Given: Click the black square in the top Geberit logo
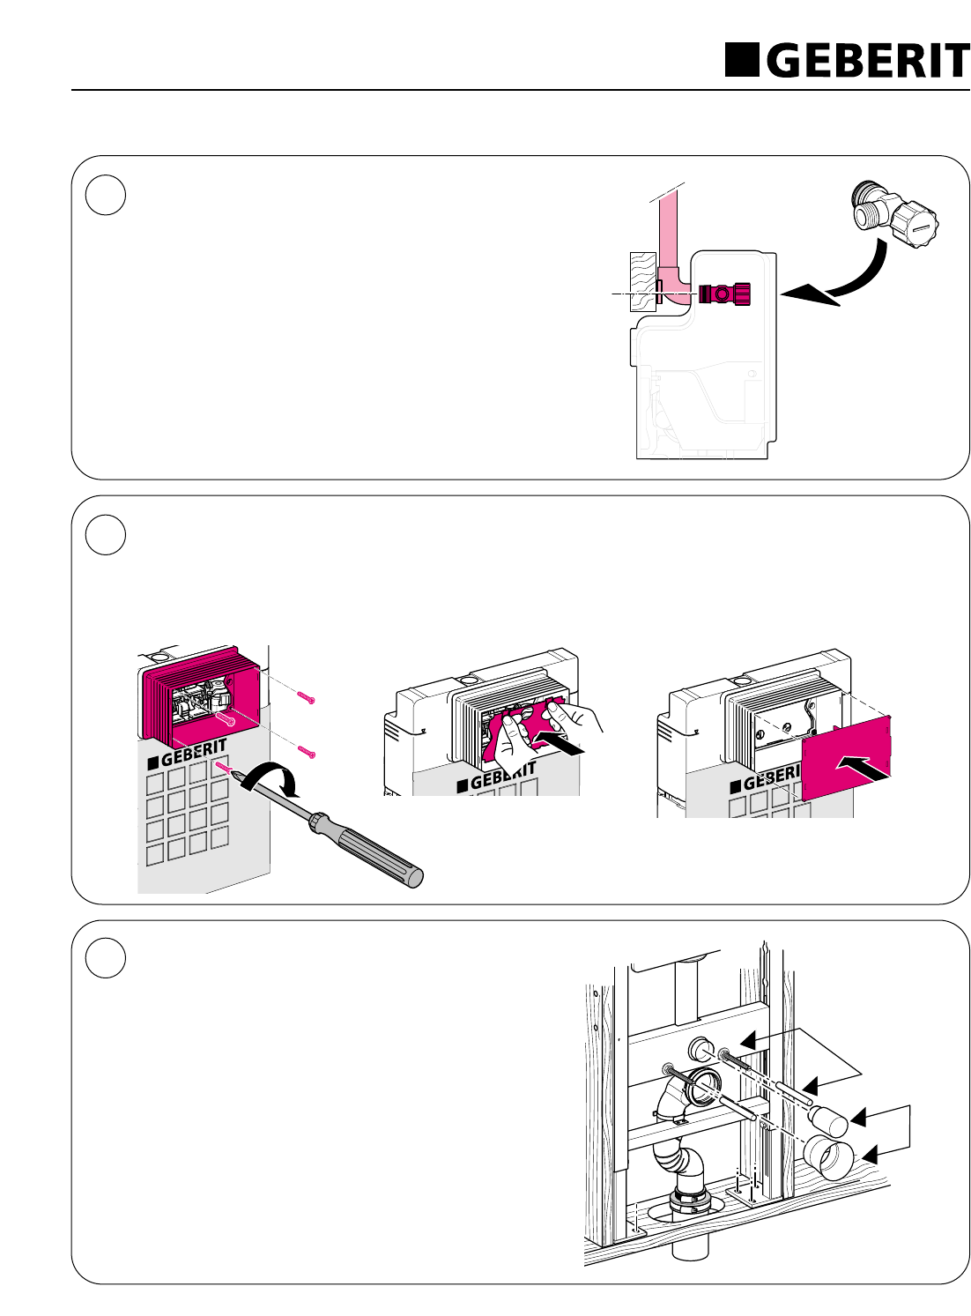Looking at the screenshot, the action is coord(742,59).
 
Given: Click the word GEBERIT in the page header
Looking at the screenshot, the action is coord(867,60).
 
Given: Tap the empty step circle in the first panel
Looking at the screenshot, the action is coord(106,196).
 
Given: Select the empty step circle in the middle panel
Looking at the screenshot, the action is coord(106,535).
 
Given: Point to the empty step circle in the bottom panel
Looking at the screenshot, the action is coord(106,960).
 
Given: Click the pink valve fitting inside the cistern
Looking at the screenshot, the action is coord(724,294).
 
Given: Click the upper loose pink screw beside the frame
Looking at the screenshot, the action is coord(306,698).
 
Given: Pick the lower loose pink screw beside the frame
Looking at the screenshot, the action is coord(306,752).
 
